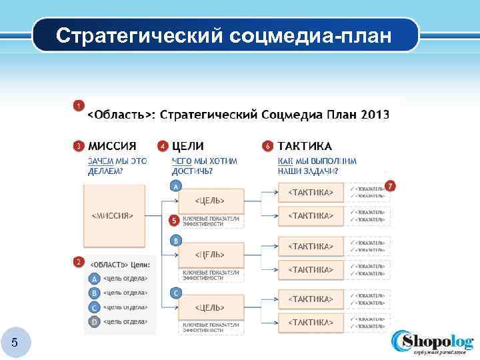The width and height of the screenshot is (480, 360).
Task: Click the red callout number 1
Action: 79,105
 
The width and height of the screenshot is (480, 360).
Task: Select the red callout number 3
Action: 79,145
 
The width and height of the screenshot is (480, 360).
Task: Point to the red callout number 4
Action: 162,145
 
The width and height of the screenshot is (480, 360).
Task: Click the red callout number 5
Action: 173,219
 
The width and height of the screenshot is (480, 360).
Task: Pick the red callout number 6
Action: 267,145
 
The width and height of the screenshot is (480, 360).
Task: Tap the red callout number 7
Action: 391,186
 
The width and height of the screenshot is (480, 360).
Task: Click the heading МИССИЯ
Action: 113,146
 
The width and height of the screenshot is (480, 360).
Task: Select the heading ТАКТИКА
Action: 305,146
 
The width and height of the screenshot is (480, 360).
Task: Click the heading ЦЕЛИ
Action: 188,146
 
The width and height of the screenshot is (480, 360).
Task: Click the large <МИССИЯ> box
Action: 113,215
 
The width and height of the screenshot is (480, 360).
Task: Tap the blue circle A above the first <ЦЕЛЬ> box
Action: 175,187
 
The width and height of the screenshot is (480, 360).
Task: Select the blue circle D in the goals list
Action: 95,322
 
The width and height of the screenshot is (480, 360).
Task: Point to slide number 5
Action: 15,343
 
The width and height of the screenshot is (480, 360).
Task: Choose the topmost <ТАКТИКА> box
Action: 310,192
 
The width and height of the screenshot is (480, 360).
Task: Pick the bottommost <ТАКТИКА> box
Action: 310,322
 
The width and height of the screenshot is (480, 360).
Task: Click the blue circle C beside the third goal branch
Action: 175,293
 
